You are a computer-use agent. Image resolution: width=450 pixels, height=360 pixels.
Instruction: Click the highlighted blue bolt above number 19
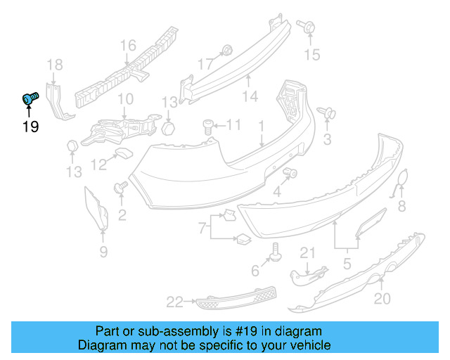(30, 99)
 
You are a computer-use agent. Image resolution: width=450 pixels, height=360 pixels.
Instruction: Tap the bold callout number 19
(30, 127)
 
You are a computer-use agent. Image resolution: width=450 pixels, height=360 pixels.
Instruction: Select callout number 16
(127, 46)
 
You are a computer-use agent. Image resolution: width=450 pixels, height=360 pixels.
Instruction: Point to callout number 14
(250, 96)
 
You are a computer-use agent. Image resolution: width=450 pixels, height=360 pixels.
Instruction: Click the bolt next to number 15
(308, 27)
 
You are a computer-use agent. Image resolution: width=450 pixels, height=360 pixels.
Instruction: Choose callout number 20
(381, 299)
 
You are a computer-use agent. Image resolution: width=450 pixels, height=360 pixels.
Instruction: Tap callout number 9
(103, 251)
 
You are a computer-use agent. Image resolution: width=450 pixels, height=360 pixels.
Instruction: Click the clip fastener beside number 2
(120, 188)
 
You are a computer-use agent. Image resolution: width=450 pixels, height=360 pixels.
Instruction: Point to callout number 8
(402, 206)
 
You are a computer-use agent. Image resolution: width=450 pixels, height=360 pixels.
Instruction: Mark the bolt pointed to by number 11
(209, 125)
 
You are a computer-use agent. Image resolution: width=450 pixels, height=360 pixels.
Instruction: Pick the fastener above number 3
(328, 112)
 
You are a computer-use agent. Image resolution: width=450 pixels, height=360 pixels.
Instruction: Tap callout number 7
(202, 227)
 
